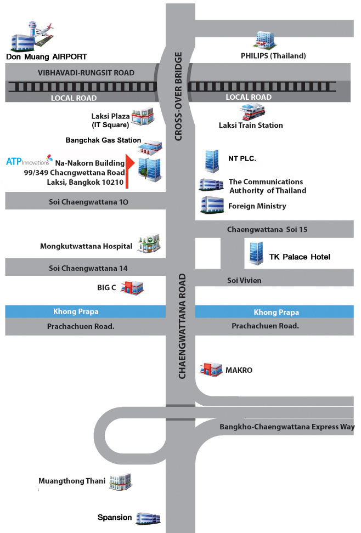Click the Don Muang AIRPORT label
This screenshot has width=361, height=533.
point(47,56)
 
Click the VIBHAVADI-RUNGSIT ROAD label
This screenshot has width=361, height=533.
point(86,72)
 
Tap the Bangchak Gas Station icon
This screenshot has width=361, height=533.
point(151,146)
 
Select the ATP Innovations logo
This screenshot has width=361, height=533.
point(29,161)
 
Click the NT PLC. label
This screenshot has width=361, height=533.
point(242,158)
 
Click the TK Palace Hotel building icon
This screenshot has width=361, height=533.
point(255,253)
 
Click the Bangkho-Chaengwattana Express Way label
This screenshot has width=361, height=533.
point(287,427)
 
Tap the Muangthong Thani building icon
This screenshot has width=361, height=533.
point(120,482)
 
